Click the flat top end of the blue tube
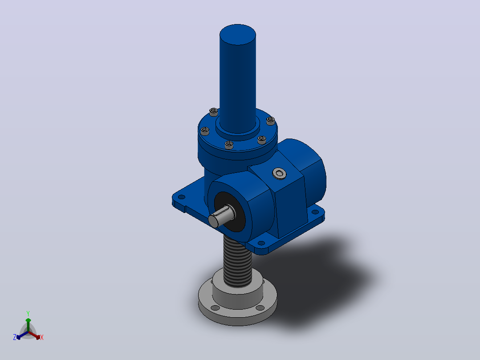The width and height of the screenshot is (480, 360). [238, 34]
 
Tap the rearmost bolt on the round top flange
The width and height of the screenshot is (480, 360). [214, 112]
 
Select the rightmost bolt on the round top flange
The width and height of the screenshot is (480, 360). [271, 120]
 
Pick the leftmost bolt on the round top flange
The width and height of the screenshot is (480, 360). [205, 131]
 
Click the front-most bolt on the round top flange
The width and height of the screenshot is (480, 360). [229, 145]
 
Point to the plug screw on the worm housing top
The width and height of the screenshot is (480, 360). [280, 174]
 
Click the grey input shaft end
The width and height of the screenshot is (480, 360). [221, 216]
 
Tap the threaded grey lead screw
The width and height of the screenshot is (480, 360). [237, 261]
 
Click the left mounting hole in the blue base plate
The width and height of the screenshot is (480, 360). [182, 197]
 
